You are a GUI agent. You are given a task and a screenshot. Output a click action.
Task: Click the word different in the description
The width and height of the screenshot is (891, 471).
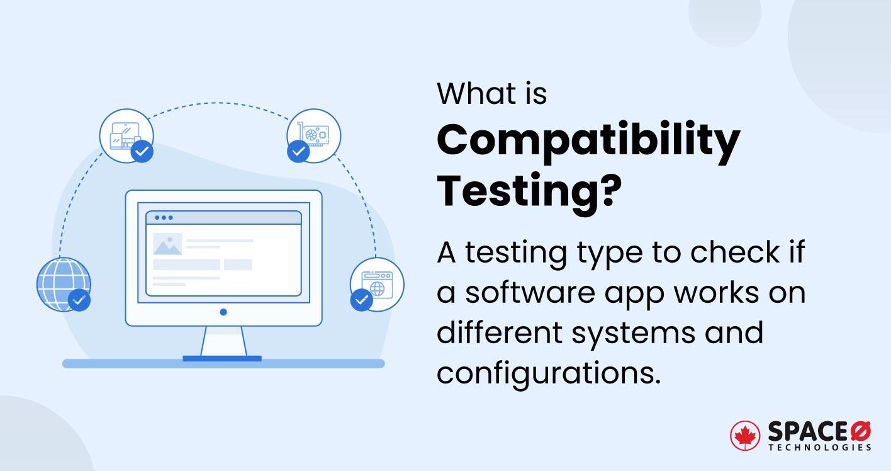499,332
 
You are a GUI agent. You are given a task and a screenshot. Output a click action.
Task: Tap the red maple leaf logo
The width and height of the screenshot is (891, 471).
745,436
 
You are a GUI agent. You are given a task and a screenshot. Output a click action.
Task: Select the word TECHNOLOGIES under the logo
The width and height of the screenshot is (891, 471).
819,448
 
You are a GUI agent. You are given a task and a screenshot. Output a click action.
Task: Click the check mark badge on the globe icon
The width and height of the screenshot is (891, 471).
79,300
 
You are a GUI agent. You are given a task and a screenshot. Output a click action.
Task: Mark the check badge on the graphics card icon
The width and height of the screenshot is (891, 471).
298,151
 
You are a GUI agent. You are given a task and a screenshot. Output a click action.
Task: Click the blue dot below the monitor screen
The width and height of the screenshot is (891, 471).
223,312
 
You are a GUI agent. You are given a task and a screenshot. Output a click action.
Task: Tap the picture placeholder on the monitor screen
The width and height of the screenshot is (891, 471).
167,244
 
